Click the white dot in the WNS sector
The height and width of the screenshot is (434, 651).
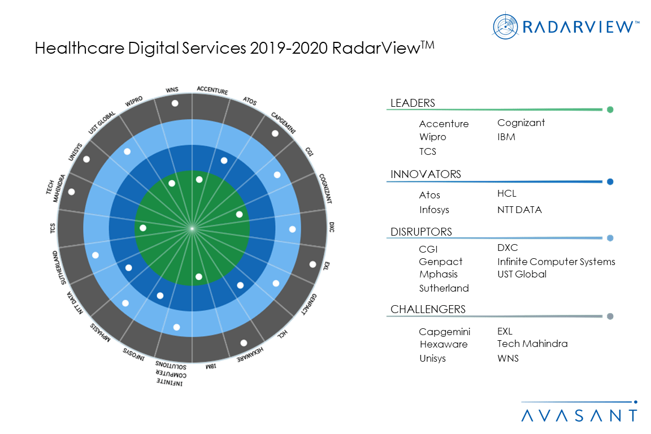tap(175, 103)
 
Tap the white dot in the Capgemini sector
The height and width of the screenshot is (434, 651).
tap(275, 134)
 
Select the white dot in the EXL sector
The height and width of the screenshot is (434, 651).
tap(313, 264)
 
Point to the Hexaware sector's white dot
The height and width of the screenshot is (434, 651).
tap(244, 343)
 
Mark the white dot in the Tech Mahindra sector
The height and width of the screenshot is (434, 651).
tap(71, 192)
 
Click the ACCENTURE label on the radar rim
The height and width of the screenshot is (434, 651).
tap(212, 90)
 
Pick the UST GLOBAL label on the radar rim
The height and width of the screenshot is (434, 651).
tap(102, 123)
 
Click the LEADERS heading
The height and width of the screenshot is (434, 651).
tap(413, 103)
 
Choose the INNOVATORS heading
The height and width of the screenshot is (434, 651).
tap(426, 174)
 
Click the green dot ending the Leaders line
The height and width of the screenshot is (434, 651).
tap(610, 110)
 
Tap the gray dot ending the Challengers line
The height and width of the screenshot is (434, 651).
tap(610, 316)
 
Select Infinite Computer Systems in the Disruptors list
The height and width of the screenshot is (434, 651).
tap(556, 262)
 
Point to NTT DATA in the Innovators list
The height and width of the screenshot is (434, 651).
tap(519, 210)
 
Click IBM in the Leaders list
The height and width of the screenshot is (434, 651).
tap(506, 137)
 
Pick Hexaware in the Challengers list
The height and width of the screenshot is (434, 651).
tap(444, 344)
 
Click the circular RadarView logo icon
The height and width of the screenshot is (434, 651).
tap(505, 26)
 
